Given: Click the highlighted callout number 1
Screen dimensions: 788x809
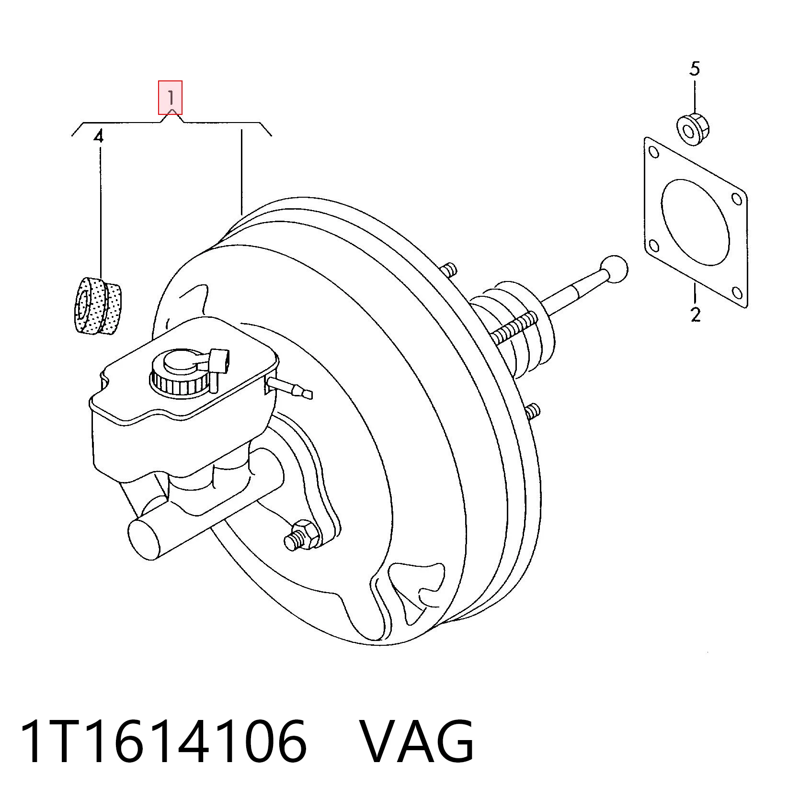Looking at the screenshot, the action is (171, 98).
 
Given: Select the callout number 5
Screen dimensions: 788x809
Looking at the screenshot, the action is (695, 69).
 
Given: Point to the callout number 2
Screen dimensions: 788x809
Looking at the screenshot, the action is (696, 315).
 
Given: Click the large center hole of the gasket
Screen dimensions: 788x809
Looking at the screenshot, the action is (695, 222).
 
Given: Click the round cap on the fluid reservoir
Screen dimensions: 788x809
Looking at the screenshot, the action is (182, 371).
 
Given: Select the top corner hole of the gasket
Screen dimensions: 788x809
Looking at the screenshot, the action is (652, 153).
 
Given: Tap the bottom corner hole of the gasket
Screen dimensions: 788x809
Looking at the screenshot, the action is (738, 292).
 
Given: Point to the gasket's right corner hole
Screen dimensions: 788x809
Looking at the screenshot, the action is (737, 198).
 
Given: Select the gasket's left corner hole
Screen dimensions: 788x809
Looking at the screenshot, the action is (653, 247).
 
